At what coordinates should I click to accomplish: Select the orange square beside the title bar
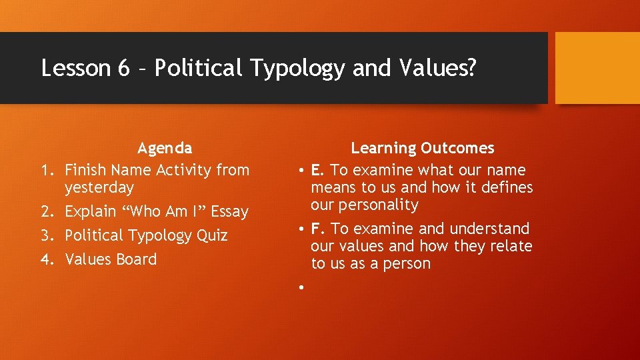coord(597,68)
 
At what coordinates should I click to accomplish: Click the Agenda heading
coord(164,148)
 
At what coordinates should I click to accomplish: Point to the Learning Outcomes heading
coord(423,148)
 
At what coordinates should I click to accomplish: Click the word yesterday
coord(99,188)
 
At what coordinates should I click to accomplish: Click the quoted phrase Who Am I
coord(157,212)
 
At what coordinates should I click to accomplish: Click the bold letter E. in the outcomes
coord(318,171)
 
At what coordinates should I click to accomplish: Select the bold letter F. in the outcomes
coord(318,229)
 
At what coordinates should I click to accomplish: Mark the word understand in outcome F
coord(489,229)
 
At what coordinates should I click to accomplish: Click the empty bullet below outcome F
coord(302,287)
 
